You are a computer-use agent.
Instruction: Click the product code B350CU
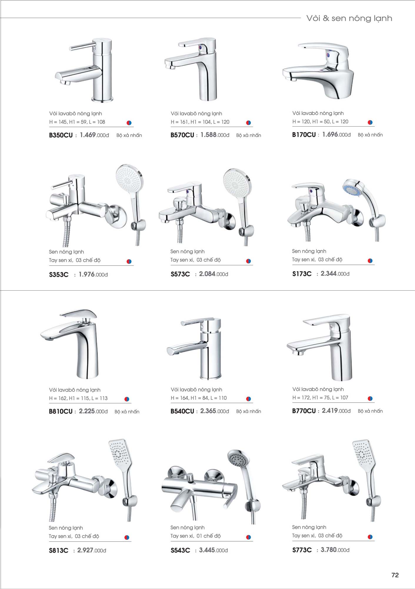point(61,135)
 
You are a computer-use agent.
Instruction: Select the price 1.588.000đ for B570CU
point(215,135)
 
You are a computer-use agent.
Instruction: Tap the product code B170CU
point(304,135)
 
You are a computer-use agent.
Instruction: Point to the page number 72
point(395,575)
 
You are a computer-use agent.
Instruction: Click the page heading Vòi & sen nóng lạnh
point(349,18)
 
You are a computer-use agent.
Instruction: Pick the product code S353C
point(59,274)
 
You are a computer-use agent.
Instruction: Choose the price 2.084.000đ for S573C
point(214,274)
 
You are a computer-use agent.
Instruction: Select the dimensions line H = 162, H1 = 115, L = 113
point(78,398)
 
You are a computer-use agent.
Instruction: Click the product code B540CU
point(182,411)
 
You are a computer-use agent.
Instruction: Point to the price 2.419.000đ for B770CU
point(336,411)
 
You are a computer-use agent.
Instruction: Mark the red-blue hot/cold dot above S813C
point(127,537)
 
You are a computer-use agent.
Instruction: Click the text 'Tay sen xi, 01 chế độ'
point(195,536)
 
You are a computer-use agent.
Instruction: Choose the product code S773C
point(302,550)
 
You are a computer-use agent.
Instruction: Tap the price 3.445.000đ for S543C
point(213,550)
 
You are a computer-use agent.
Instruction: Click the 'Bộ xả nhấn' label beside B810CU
point(127,411)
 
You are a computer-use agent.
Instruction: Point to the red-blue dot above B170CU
point(370,122)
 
